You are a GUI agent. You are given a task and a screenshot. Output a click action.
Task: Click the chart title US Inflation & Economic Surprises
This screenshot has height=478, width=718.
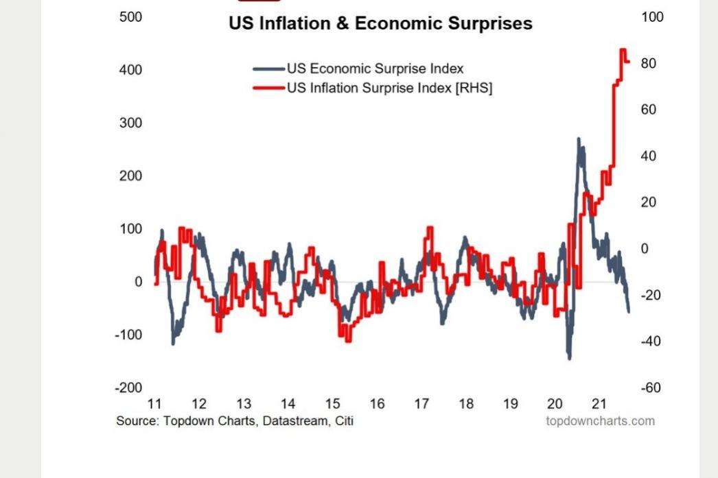click(x=380, y=23)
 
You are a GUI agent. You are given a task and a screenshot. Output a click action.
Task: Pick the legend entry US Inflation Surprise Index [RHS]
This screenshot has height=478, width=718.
click(x=389, y=88)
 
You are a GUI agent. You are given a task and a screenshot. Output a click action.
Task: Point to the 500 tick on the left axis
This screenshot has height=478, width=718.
click(x=130, y=17)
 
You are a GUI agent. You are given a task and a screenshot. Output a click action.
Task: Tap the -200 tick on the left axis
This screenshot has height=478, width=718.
click(x=129, y=388)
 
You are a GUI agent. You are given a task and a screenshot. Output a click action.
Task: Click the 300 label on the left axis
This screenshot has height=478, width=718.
click(x=130, y=123)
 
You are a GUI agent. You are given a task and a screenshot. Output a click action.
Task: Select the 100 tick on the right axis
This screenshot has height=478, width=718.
click(x=652, y=17)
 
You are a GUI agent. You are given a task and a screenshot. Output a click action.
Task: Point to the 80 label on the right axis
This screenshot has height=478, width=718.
click(x=649, y=64)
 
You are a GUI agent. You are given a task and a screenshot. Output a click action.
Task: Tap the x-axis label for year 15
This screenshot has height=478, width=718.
click(x=333, y=404)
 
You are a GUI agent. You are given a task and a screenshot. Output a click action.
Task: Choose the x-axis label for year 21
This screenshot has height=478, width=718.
click(x=599, y=404)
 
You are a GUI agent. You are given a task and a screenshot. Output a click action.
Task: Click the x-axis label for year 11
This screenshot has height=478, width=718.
click(x=154, y=404)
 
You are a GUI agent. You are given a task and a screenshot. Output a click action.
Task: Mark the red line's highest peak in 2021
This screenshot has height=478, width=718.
click(x=623, y=50)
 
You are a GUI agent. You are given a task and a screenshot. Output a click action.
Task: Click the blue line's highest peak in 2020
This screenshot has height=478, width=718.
click(x=579, y=139)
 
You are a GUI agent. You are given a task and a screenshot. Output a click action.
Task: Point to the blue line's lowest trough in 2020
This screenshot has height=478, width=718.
click(x=569, y=357)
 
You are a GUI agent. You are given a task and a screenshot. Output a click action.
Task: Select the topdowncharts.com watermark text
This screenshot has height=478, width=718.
click(x=600, y=420)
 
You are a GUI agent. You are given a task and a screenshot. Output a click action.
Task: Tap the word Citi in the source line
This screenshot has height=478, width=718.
click(x=345, y=420)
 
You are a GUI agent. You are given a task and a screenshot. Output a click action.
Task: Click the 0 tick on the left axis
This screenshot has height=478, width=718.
click(x=139, y=282)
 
